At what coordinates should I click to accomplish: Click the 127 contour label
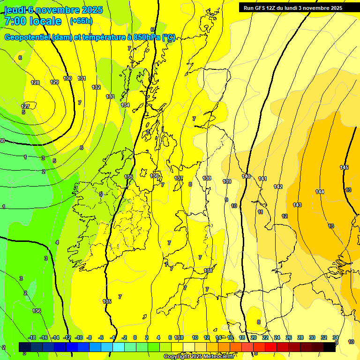[25, 106]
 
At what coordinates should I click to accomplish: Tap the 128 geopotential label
[35, 82]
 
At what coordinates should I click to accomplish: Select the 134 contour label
[125, 105]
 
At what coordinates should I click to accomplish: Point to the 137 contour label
[179, 178]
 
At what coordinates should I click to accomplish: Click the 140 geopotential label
[246, 176]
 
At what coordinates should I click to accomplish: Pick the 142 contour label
[278, 187]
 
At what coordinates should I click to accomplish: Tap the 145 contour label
[344, 167]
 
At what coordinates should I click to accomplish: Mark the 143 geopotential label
[297, 205]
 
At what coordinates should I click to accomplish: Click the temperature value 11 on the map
[260, 212]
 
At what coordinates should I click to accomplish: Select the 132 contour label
[96, 87]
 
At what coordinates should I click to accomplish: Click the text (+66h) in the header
[81, 21]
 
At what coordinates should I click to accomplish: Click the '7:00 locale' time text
[33, 21]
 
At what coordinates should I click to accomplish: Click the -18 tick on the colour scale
[32, 337]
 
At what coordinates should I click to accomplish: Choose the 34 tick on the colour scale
[336, 337]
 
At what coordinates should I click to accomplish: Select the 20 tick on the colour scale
[254, 337]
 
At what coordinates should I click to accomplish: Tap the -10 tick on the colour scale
[79, 337]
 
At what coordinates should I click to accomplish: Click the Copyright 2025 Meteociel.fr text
[199, 356]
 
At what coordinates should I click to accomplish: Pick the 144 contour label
[320, 192]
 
